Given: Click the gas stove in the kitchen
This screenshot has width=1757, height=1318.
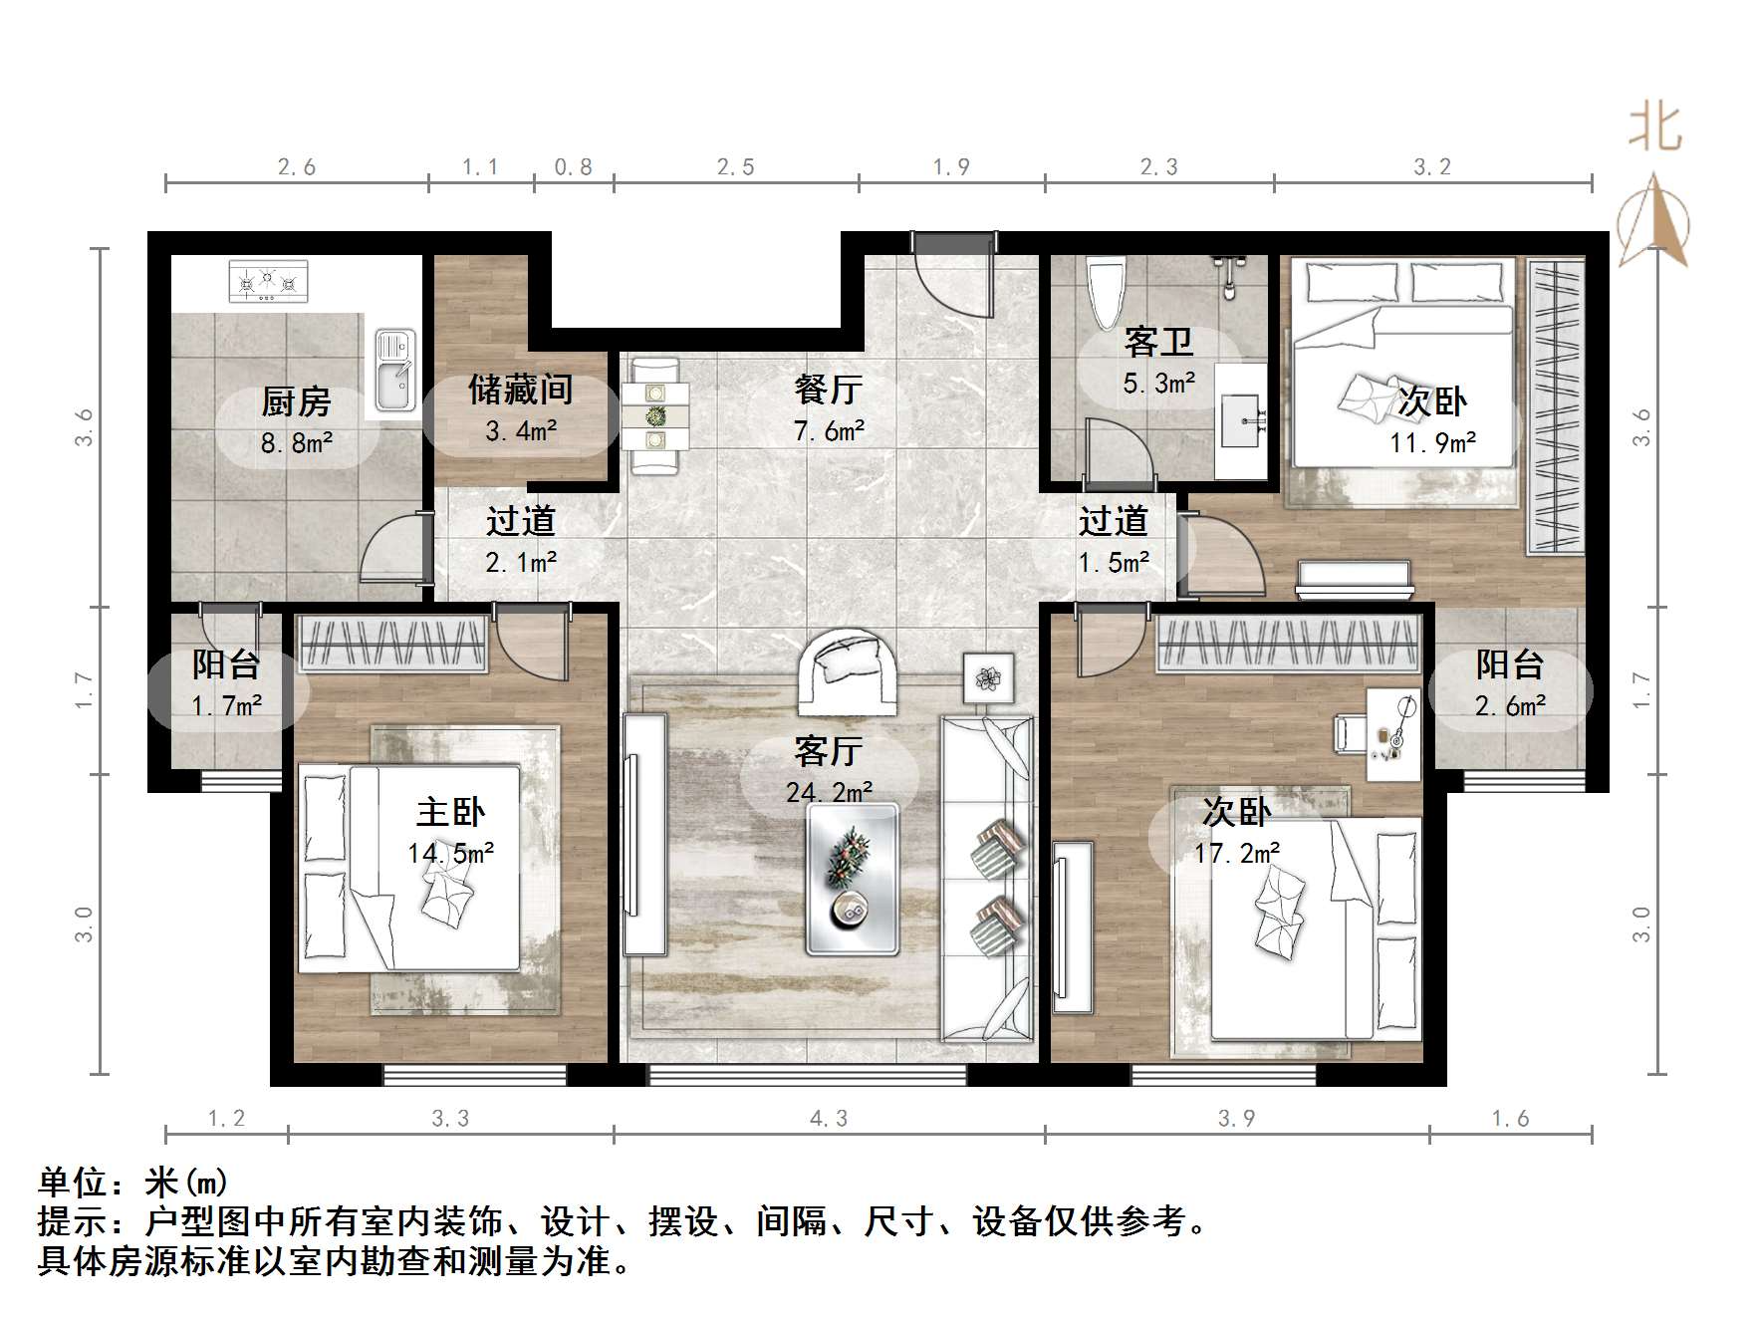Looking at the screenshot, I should coord(269,281).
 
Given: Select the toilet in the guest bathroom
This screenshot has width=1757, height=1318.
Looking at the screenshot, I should coord(1108,293).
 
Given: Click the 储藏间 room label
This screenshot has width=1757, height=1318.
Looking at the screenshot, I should coord(520,389).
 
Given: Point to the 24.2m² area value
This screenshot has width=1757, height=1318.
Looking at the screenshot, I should coord(829,792).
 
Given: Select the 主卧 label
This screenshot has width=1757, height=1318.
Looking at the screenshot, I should coord(450,812).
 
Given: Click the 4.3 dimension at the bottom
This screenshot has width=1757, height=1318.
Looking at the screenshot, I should coord(829,1119).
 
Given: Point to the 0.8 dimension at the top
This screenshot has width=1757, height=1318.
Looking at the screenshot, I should coord(574,167).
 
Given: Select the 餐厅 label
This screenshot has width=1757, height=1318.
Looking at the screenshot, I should coord(829,389).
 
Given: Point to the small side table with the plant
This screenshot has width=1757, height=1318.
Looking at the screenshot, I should coord(988,678).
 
